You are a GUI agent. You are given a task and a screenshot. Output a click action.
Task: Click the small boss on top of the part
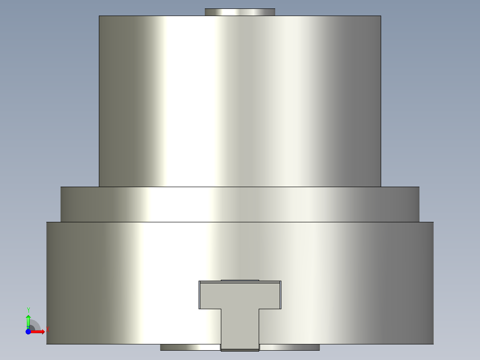tap(240, 12)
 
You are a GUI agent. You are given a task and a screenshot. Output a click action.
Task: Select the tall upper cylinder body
tap(240, 101)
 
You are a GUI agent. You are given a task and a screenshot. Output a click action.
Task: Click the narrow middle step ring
tap(240, 205)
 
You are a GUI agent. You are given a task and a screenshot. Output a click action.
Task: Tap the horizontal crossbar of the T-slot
tap(240, 295)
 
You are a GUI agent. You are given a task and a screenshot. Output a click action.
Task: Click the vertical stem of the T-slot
tap(240, 329)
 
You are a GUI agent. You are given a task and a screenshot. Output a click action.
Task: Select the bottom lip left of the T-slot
tap(191, 348)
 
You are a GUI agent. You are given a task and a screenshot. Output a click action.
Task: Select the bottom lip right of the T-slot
tap(289, 348)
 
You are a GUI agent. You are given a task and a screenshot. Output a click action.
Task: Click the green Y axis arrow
tap(28, 322)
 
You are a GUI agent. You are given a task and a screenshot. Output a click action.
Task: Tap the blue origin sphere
tap(28, 331)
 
